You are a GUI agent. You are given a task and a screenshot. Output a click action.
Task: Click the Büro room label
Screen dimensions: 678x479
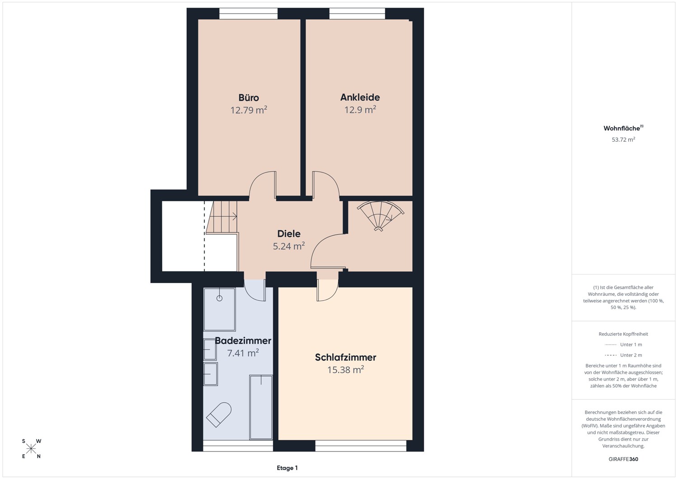pos(249,98)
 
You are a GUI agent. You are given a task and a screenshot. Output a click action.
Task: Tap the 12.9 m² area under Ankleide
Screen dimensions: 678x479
pos(360,109)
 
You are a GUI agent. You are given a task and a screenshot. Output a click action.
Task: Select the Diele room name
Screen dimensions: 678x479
pos(289,234)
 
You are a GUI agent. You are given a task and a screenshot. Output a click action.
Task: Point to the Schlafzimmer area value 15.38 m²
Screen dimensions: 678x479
pos(345,370)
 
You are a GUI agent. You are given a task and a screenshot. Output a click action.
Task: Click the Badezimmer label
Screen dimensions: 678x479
pos(243,341)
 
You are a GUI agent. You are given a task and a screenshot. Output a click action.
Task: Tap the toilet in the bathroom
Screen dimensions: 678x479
pos(218,414)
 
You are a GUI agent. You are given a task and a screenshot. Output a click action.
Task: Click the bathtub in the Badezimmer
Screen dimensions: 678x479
pos(261,407)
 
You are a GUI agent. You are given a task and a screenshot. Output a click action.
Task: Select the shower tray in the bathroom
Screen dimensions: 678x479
pos(219,309)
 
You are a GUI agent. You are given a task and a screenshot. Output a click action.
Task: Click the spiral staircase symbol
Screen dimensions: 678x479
pos(380,215)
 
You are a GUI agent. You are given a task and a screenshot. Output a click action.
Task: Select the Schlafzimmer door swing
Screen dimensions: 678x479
pos(327,290)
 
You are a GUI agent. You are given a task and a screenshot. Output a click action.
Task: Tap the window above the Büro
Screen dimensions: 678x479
pos(248,14)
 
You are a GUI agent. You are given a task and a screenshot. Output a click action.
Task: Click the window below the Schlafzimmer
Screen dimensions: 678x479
pos(361,446)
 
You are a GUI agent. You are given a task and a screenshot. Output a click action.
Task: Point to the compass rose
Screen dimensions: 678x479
pos(31,449)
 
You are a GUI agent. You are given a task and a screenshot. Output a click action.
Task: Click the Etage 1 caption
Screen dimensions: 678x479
pos(287,468)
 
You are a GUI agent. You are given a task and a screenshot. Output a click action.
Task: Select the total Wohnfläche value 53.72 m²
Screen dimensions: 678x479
pos(623,140)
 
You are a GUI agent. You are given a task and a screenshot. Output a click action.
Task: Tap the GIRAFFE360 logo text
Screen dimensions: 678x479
pos(623,459)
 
